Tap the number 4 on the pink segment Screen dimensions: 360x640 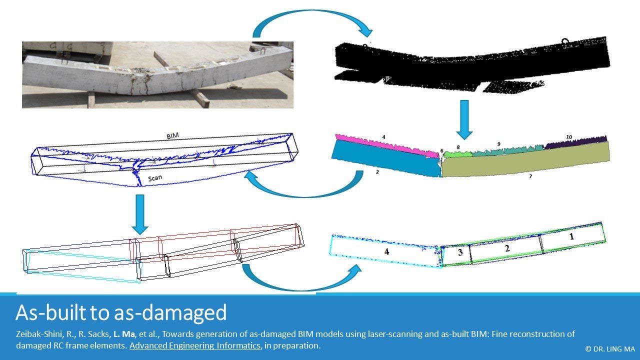click(x=383, y=136)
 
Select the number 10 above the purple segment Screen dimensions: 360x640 click(x=569, y=137)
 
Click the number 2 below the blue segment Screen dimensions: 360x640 click(x=377, y=172)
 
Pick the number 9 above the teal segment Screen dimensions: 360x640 click(x=498, y=144)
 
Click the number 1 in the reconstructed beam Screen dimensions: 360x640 click(x=571, y=237)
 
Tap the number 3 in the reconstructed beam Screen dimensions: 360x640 click(x=460, y=253)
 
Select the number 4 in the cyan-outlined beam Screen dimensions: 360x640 click(x=386, y=252)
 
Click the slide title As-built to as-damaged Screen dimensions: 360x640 click(x=121, y=312)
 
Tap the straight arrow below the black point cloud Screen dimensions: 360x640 click(x=464, y=119)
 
